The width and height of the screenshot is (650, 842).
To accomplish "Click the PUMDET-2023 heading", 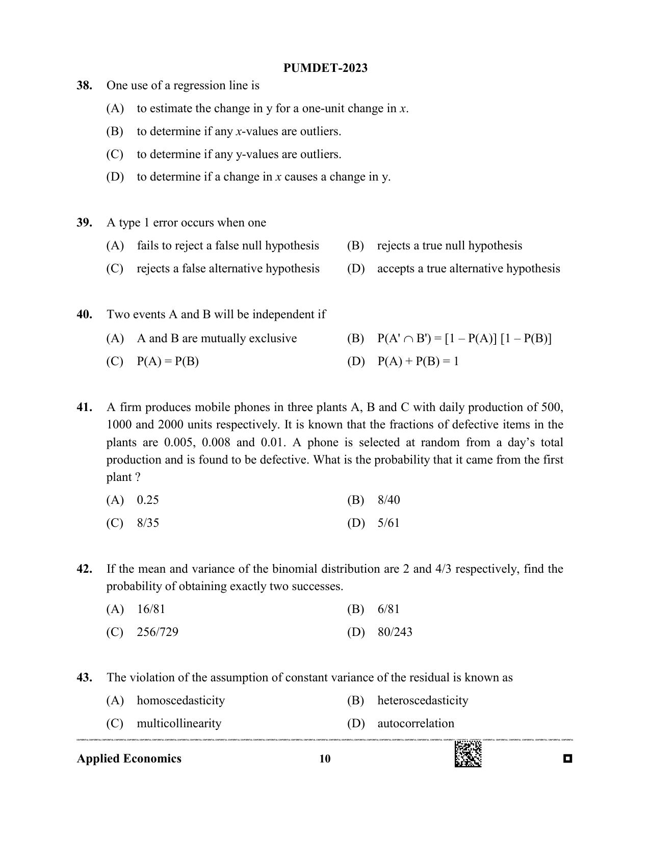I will (x=325, y=68).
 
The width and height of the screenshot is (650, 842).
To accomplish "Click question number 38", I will (x=84, y=86).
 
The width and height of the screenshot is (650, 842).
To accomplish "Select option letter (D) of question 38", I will (x=115, y=177).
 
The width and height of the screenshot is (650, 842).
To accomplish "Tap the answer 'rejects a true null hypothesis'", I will (x=449, y=246).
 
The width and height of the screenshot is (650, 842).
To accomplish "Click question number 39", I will (x=84, y=223).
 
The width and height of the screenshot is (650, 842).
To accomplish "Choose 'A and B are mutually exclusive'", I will (x=217, y=339).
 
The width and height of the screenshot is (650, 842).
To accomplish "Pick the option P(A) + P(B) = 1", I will (x=418, y=362).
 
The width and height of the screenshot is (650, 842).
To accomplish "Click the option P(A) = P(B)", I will (x=168, y=362).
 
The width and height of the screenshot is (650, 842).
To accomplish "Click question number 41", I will (x=84, y=407).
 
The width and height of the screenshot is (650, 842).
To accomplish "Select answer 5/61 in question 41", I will (x=388, y=523).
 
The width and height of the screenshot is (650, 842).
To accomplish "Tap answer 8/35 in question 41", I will (x=148, y=523).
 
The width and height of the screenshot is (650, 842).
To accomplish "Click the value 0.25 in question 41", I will (x=148, y=500).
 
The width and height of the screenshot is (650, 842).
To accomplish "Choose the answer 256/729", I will (x=158, y=632).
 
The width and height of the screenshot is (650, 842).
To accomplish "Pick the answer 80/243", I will (x=395, y=632).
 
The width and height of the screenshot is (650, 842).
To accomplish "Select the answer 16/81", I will (x=151, y=609).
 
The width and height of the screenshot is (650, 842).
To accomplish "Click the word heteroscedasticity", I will (x=422, y=700).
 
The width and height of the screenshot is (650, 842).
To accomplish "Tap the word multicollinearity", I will (x=179, y=723).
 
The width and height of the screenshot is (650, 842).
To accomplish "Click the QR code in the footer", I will (x=467, y=754).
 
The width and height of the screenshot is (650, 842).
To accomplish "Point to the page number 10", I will (x=325, y=759).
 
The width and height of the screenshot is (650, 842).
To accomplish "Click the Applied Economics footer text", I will (x=129, y=759).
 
